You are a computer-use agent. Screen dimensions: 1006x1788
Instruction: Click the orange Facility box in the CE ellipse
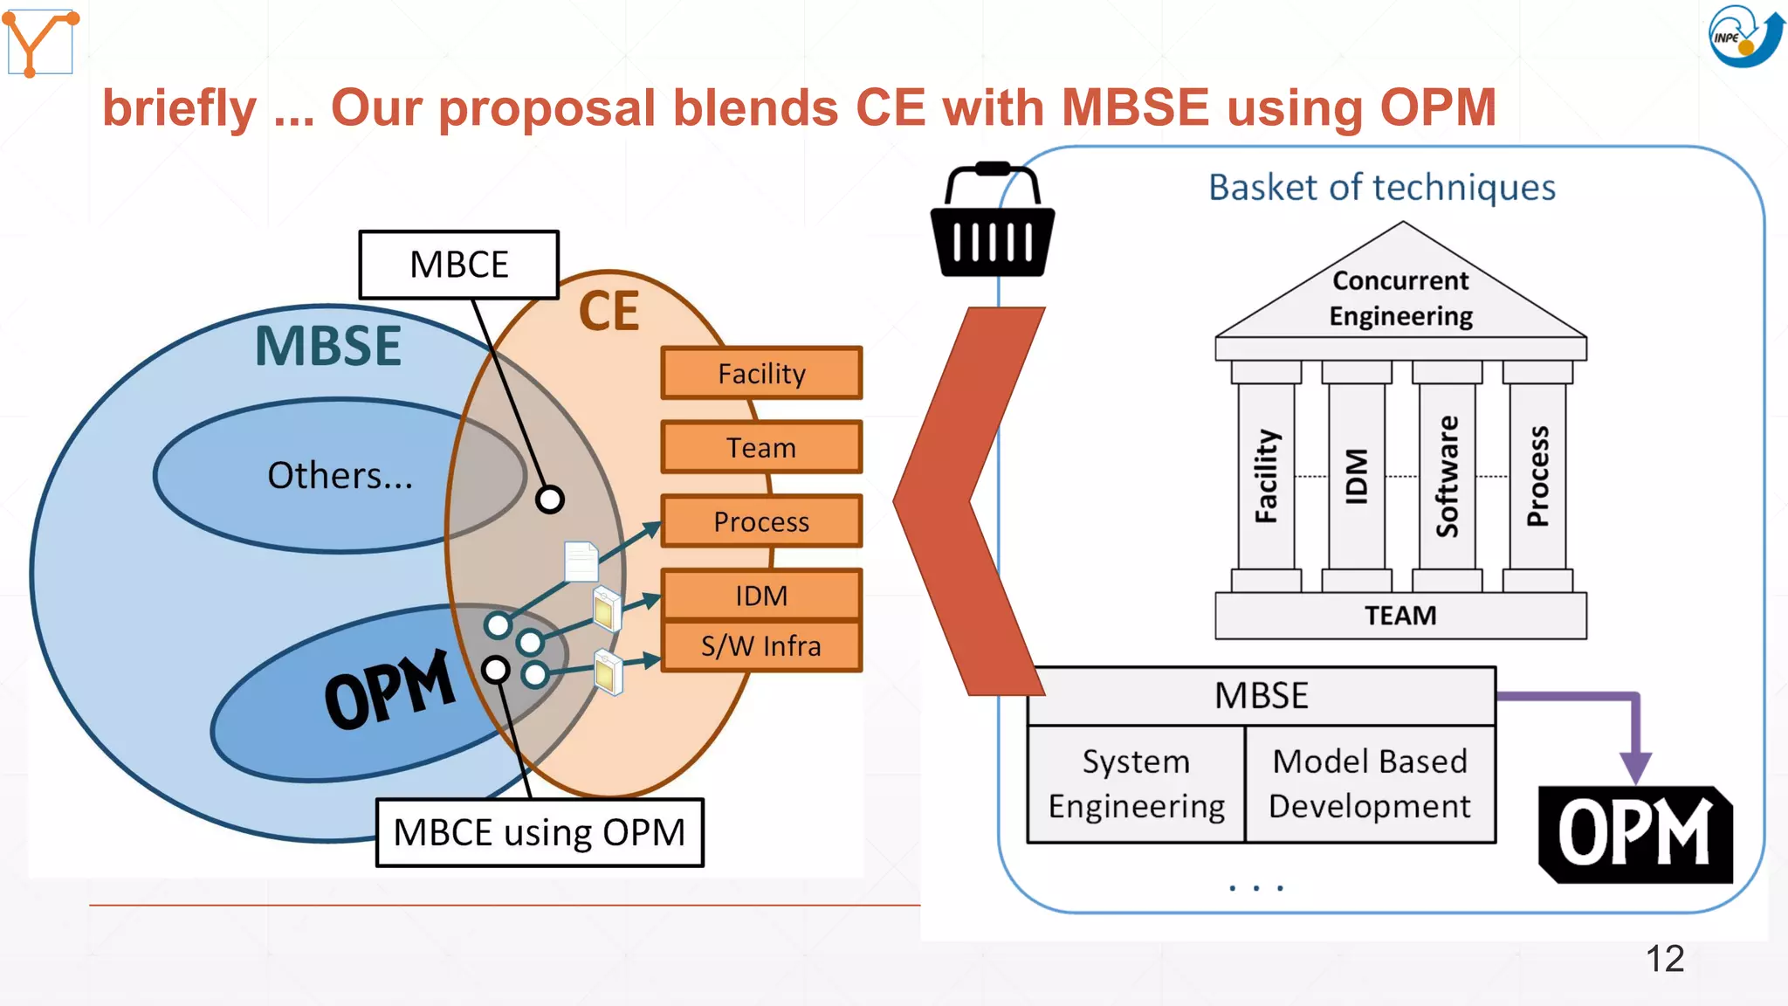coord(761,374)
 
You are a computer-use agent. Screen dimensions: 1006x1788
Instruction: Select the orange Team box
coord(761,448)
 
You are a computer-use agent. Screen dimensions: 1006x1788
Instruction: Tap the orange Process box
coord(761,521)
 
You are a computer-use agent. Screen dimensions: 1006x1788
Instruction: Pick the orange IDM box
coord(761,596)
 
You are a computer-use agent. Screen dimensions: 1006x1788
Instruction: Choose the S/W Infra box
coord(761,646)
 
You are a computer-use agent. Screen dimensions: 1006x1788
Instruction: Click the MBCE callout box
coord(459,265)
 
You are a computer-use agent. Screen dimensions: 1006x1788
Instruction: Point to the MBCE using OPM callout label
coord(540,832)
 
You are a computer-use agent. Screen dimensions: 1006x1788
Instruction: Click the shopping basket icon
coord(993,223)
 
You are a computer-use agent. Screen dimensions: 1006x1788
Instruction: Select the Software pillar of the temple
coord(1447,476)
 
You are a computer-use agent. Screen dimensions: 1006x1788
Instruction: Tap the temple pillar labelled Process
coord(1537,476)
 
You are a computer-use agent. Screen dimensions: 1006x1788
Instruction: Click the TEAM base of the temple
coord(1400,616)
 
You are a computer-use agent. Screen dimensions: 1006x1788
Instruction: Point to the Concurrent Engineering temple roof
coord(1400,297)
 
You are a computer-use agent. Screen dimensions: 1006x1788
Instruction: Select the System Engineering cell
coord(1136,783)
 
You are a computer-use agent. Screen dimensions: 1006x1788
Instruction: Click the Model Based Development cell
coord(1369,783)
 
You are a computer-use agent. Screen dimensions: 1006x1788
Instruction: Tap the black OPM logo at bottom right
coord(1634,834)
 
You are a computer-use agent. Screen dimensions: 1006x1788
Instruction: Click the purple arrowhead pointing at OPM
coord(1635,766)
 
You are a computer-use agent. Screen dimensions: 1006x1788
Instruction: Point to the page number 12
coord(1664,959)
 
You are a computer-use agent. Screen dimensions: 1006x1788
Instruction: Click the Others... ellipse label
coord(340,476)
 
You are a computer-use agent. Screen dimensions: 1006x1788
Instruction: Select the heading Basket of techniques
coord(1381,188)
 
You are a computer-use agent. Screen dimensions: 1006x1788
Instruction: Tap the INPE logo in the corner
coord(1743,36)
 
